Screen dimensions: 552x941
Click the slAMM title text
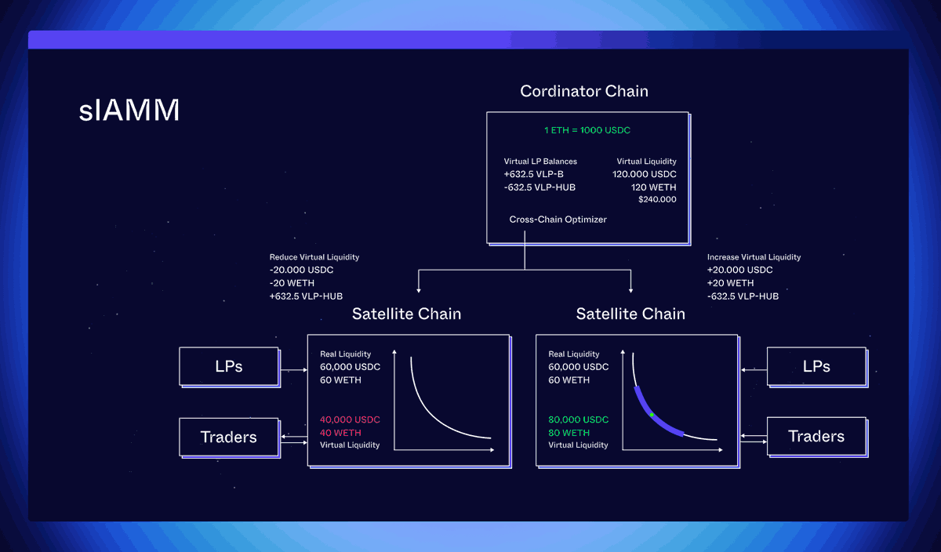point(129,111)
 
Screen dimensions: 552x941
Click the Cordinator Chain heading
point(584,91)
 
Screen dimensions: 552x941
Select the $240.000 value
point(656,200)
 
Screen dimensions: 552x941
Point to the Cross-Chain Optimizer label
point(558,220)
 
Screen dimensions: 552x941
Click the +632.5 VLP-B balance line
point(533,174)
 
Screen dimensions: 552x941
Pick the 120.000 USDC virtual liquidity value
point(644,174)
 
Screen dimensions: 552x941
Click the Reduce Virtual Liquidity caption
point(314,257)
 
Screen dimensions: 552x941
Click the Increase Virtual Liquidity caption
point(754,257)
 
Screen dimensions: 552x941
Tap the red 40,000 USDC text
point(350,419)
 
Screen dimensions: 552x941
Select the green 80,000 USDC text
point(579,419)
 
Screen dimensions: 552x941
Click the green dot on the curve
point(652,414)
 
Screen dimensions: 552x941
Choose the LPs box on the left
point(228,366)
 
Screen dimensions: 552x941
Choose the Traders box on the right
point(816,437)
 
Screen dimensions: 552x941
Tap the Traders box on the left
point(228,437)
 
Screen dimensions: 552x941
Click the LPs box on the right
point(816,366)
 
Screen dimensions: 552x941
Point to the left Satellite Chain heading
point(406,314)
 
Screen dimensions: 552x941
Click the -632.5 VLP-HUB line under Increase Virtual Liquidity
point(743,296)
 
